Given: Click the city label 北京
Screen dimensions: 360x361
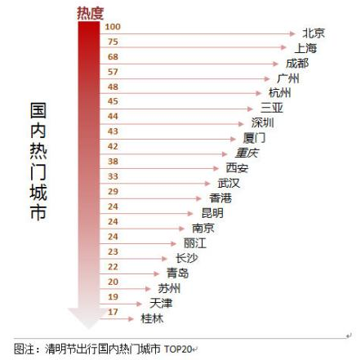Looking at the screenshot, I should click(x=314, y=33).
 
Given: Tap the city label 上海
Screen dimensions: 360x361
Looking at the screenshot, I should click(x=305, y=48).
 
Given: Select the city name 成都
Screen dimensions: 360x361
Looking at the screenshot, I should click(x=296, y=63).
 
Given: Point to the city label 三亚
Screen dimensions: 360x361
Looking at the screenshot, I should click(x=271, y=108).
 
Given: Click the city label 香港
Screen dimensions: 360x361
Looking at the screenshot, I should click(x=221, y=198).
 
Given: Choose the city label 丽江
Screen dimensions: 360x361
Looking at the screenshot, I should click(x=194, y=242).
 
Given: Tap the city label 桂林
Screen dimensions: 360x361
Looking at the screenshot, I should click(x=152, y=318).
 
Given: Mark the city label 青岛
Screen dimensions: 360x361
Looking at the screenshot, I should click(x=177, y=273).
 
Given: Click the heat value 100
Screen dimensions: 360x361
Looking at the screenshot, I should click(x=113, y=27).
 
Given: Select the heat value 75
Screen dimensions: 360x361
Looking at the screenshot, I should click(x=113, y=42).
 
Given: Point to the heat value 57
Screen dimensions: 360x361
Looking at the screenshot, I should click(x=113, y=72).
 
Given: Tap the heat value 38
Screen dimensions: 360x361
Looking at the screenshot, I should click(x=113, y=162).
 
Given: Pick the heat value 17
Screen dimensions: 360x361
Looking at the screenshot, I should click(x=113, y=312).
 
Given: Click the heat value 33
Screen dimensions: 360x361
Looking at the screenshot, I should click(x=113, y=176).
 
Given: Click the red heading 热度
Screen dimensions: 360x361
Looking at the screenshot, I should click(x=90, y=11).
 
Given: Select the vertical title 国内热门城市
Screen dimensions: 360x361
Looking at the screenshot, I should click(x=38, y=160).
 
